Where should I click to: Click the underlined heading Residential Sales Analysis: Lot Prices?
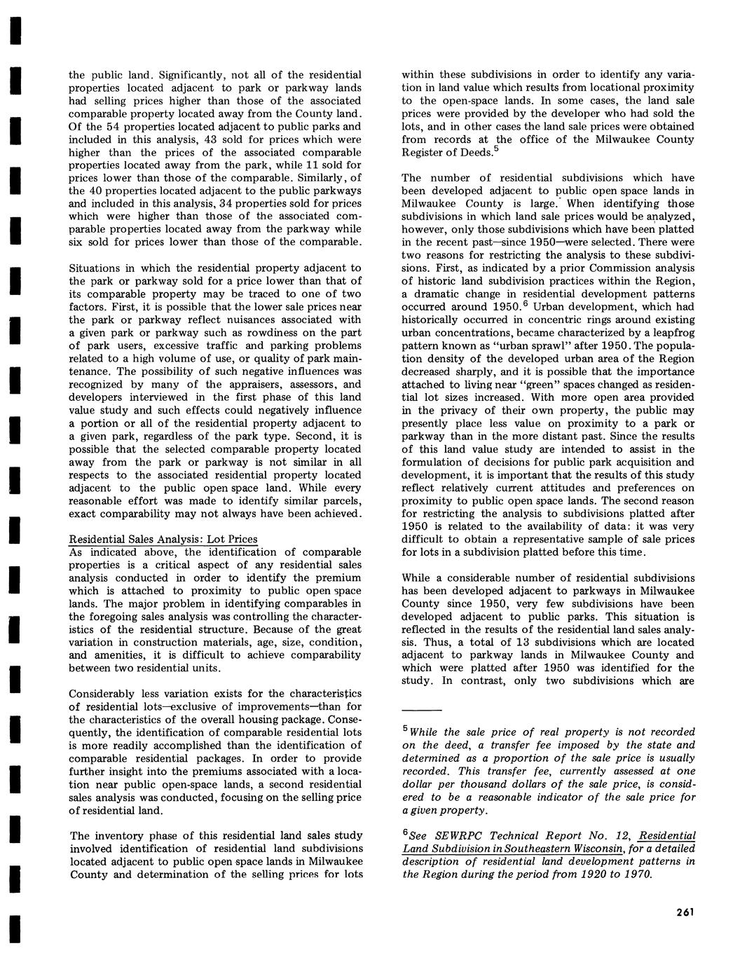[x=163, y=539]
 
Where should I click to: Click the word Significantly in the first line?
[x=191, y=74]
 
